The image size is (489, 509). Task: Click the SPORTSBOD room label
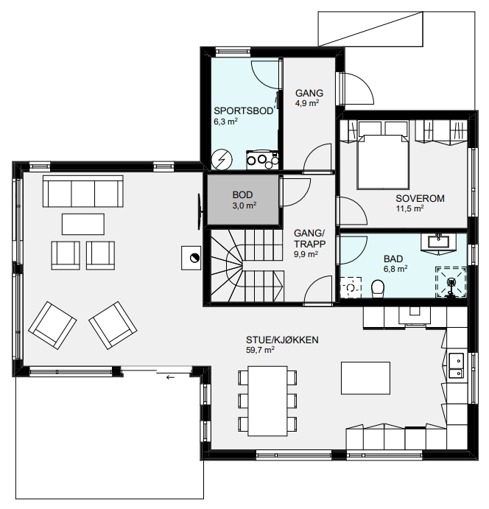(243, 111)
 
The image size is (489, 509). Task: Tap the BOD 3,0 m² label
(244, 200)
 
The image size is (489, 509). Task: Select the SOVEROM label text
(420, 198)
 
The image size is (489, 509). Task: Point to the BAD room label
(393, 259)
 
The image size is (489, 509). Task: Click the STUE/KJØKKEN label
(282, 340)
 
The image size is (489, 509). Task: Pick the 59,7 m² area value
(260, 350)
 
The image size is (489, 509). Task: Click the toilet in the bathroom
(377, 288)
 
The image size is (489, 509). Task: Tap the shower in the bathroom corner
(451, 282)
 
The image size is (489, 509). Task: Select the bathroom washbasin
(438, 242)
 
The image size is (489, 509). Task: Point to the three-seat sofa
(83, 192)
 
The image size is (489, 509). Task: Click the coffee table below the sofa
(83, 224)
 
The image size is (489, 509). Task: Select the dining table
(268, 401)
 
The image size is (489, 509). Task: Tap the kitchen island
(365, 378)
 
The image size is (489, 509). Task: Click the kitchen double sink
(456, 365)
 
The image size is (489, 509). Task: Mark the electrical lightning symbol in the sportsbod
(222, 160)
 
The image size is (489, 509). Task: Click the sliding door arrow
(170, 377)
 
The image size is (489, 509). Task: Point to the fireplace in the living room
(191, 258)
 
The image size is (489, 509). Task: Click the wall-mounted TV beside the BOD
(200, 212)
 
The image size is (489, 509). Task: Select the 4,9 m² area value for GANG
(307, 103)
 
